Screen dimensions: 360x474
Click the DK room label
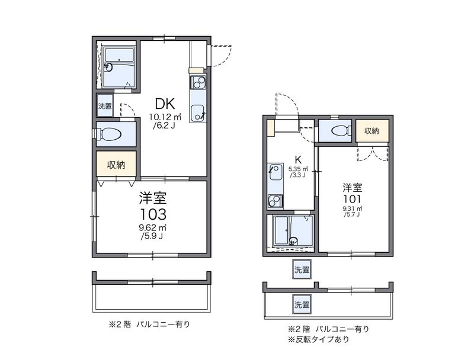pos(160,103)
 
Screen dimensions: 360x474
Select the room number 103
pos(153,213)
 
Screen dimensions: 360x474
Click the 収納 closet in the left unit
pos(116,165)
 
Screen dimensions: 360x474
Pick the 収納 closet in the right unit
pos(372,130)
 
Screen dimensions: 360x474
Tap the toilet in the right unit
pos(340,131)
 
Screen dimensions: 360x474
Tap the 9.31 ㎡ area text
pos(352,209)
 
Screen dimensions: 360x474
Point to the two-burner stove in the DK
pos(197,81)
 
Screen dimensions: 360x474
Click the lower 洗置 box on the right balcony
pos(301,305)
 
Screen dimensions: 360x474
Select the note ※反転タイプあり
pos(318,340)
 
